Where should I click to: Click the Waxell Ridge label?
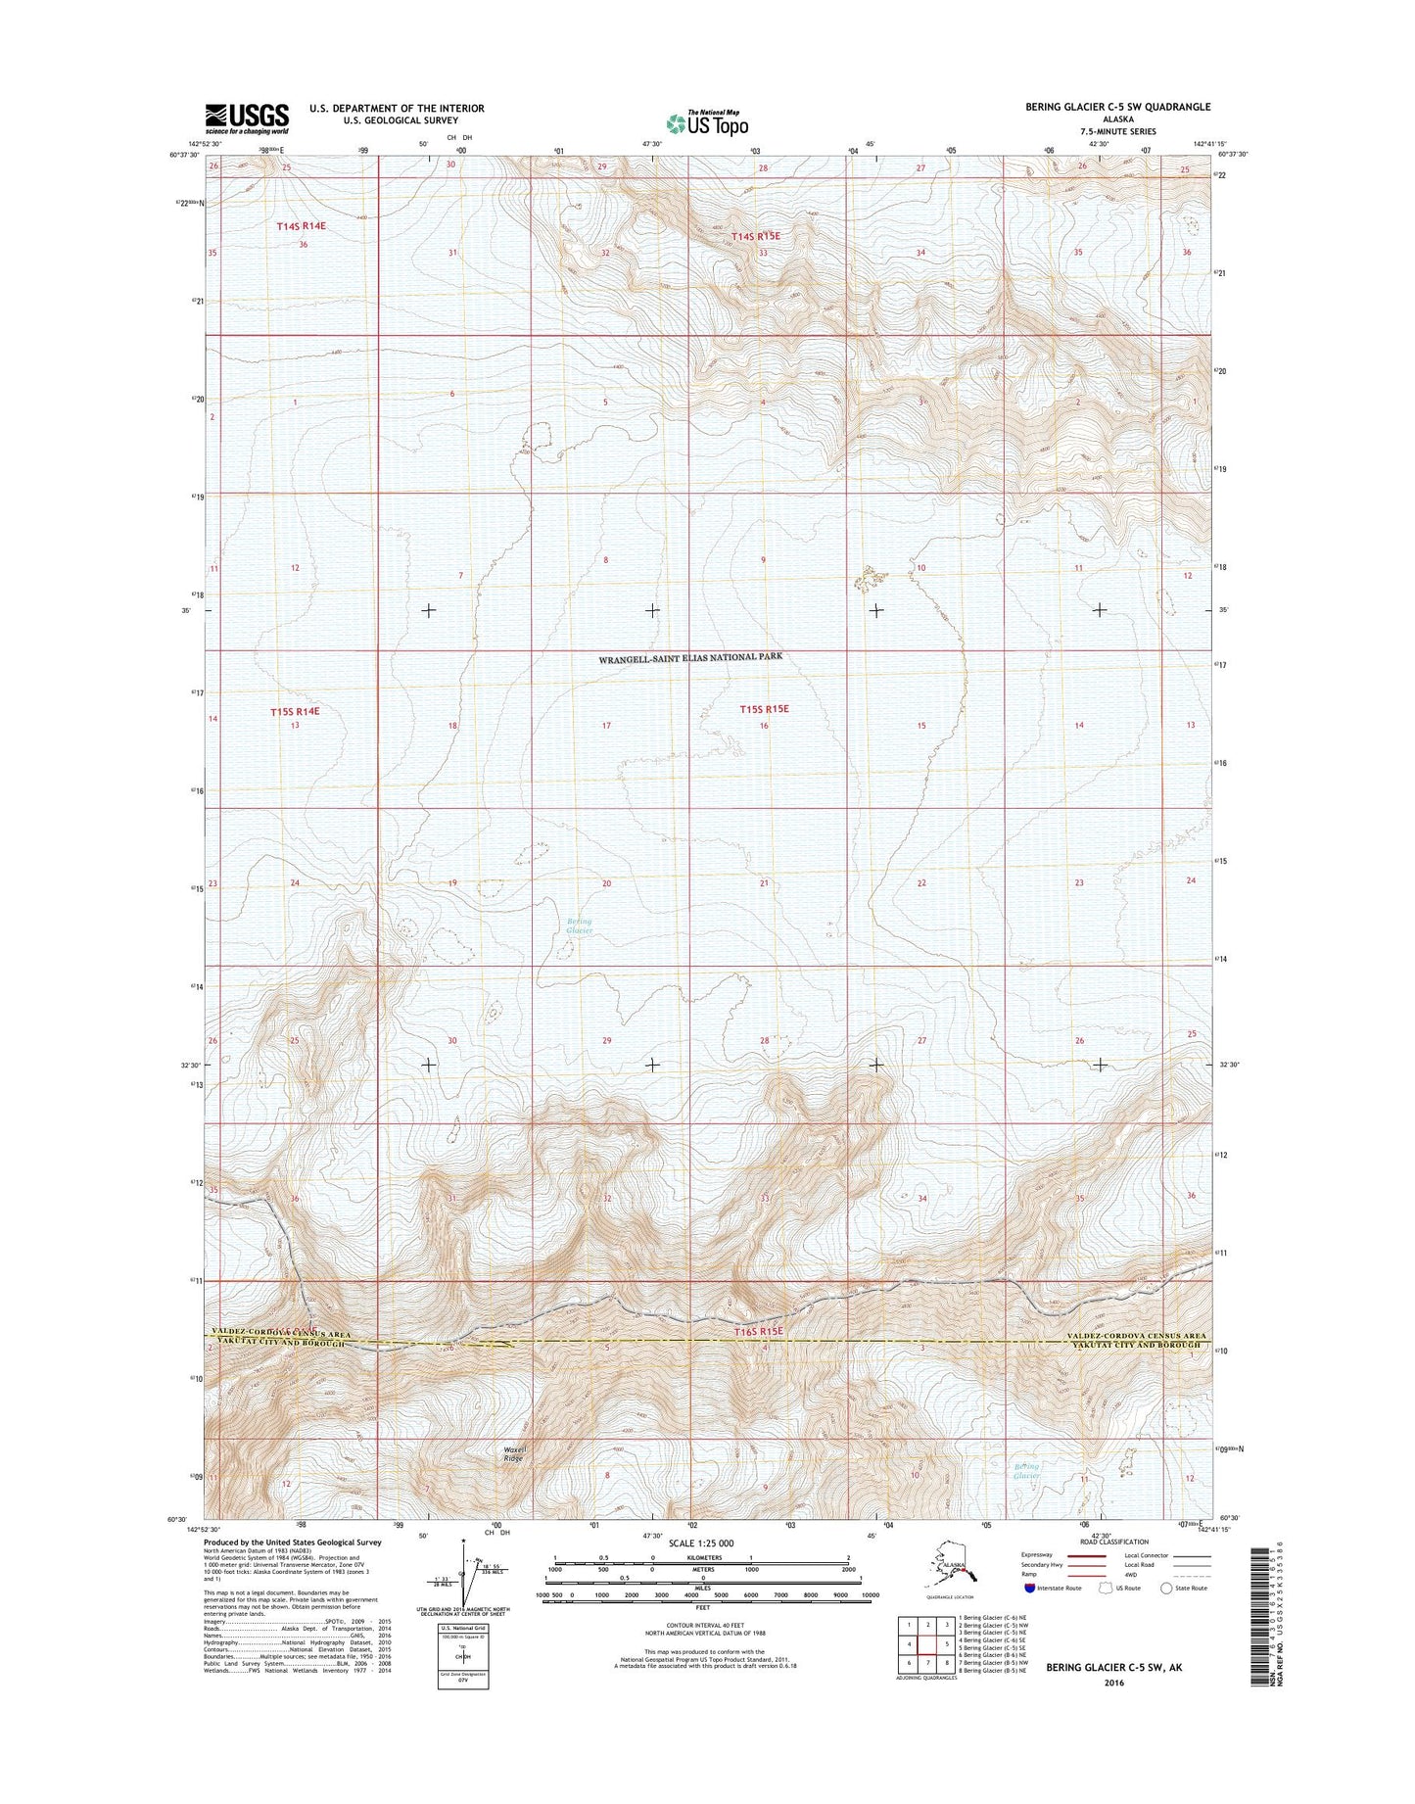(x=513, y=1455)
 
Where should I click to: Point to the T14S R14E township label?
(x=300, y=226)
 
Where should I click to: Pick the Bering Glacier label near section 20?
(x=580, y=926)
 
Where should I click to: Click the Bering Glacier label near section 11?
(x=1026, y=1471)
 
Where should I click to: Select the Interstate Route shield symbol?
(x=1029, y=1615)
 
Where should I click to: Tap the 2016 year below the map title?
(x=1112, y=1684)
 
